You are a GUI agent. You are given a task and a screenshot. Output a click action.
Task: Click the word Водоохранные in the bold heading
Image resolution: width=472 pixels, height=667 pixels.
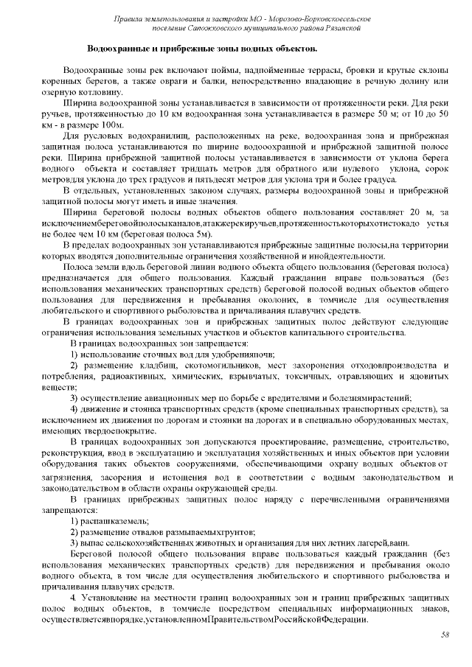(x=117, y=49)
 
